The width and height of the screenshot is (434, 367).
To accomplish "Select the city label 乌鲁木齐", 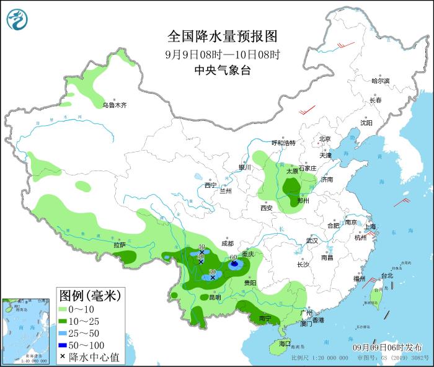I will coord(115,105).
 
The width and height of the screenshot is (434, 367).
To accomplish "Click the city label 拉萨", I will coord(120,245).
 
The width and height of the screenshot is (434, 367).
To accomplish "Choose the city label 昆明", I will coord(215,297).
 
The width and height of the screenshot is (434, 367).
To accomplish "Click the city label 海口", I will coord(285,343).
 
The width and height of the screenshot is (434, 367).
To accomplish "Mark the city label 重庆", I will coord(249,254).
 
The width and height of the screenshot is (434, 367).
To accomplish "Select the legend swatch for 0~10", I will coord(65,309).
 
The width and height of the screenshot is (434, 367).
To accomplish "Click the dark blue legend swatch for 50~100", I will coord(65,345).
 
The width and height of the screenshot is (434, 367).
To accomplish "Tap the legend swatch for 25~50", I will coord(65,333).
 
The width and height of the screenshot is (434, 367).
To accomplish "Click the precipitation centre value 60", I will coord(234,258).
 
